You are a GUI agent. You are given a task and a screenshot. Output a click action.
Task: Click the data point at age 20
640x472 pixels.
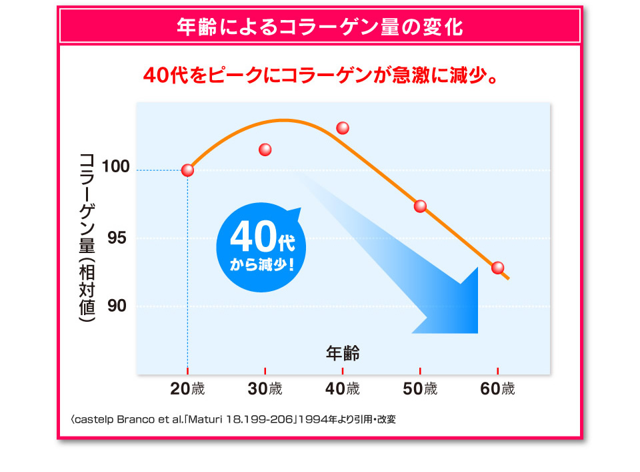click(187, 170)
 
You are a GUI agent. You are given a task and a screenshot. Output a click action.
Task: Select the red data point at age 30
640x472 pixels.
click(265, 150)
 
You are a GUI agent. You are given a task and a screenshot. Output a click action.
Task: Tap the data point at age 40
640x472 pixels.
click(343, 128)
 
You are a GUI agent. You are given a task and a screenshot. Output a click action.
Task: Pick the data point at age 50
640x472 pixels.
click(420, 206)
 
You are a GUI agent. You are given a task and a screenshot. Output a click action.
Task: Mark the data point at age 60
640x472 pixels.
click(497, 268)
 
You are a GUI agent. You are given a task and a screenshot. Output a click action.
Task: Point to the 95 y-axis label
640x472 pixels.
click(117, 238)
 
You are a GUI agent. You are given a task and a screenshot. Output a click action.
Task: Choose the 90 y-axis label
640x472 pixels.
click(117, 306)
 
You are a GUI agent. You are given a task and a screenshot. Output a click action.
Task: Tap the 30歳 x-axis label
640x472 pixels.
click(265, 389)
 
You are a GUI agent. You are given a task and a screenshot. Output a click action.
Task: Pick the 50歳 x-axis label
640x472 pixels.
click(420, 389)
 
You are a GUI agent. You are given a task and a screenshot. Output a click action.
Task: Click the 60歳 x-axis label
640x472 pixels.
click(497, 389)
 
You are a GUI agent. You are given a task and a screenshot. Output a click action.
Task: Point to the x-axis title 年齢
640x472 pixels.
click(343, 352)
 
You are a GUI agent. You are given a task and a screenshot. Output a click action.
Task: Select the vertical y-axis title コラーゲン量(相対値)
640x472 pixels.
click(87, 237)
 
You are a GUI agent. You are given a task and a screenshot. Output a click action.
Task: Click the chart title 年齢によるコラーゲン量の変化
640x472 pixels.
click(320, 27)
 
